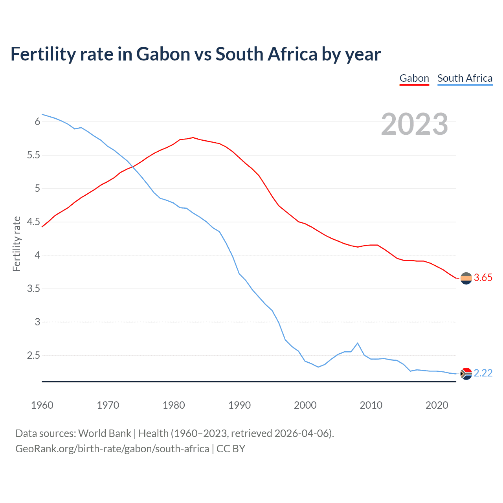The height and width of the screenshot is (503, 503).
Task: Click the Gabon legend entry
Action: [x=414, y=78]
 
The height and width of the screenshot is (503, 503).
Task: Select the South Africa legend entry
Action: [x=465, y=78]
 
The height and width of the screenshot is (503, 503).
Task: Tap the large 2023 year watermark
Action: [x=415, y=124]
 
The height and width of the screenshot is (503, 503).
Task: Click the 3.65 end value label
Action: [x=483, y=277]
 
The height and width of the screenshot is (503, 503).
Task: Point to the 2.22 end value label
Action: [x=483, y=373]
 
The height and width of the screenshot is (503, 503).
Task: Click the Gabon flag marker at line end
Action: [x=466, y=278]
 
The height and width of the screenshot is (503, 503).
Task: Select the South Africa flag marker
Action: [x=466, y=373]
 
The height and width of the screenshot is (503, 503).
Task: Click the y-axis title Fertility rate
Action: [x=17, y=244]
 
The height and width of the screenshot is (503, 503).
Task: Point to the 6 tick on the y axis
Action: [x=38, y=122]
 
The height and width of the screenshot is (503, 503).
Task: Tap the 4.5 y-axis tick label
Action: [x=33, y=222]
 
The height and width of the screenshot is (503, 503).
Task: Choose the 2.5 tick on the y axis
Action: [x=33, y=356]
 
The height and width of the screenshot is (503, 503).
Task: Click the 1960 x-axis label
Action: [x=42, y=405]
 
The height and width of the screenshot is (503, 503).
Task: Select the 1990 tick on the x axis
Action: [x=239, y=405]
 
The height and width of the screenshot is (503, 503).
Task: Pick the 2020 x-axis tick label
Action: [x=437, y=405]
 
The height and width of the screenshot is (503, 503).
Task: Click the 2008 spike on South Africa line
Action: [x=358, y=343]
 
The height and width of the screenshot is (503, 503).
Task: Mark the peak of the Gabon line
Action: [x=193, y=138]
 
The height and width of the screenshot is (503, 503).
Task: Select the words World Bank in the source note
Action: [x=105, y=433]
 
